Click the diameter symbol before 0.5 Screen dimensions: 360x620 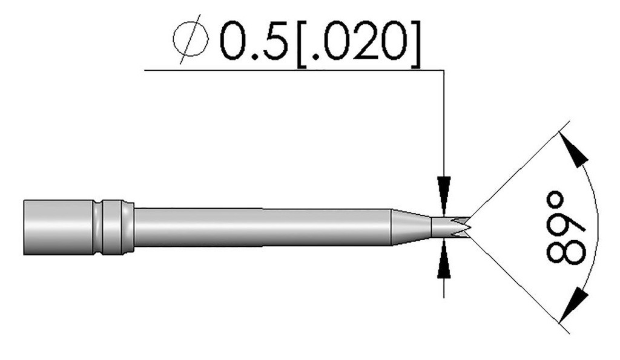tap(190, 43)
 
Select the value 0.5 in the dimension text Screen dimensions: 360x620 tap(253, 43)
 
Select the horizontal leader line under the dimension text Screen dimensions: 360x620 tap(291, 71)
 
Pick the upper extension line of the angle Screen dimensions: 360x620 tap(521, 170)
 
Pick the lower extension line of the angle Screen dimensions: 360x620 tap(521, 285)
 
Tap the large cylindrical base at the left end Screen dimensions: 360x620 tap(58, 227)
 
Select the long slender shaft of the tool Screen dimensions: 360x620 tap(260, 227)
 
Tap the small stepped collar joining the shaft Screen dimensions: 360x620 tap(128, 227)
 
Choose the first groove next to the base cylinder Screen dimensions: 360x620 tap(99, 227)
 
